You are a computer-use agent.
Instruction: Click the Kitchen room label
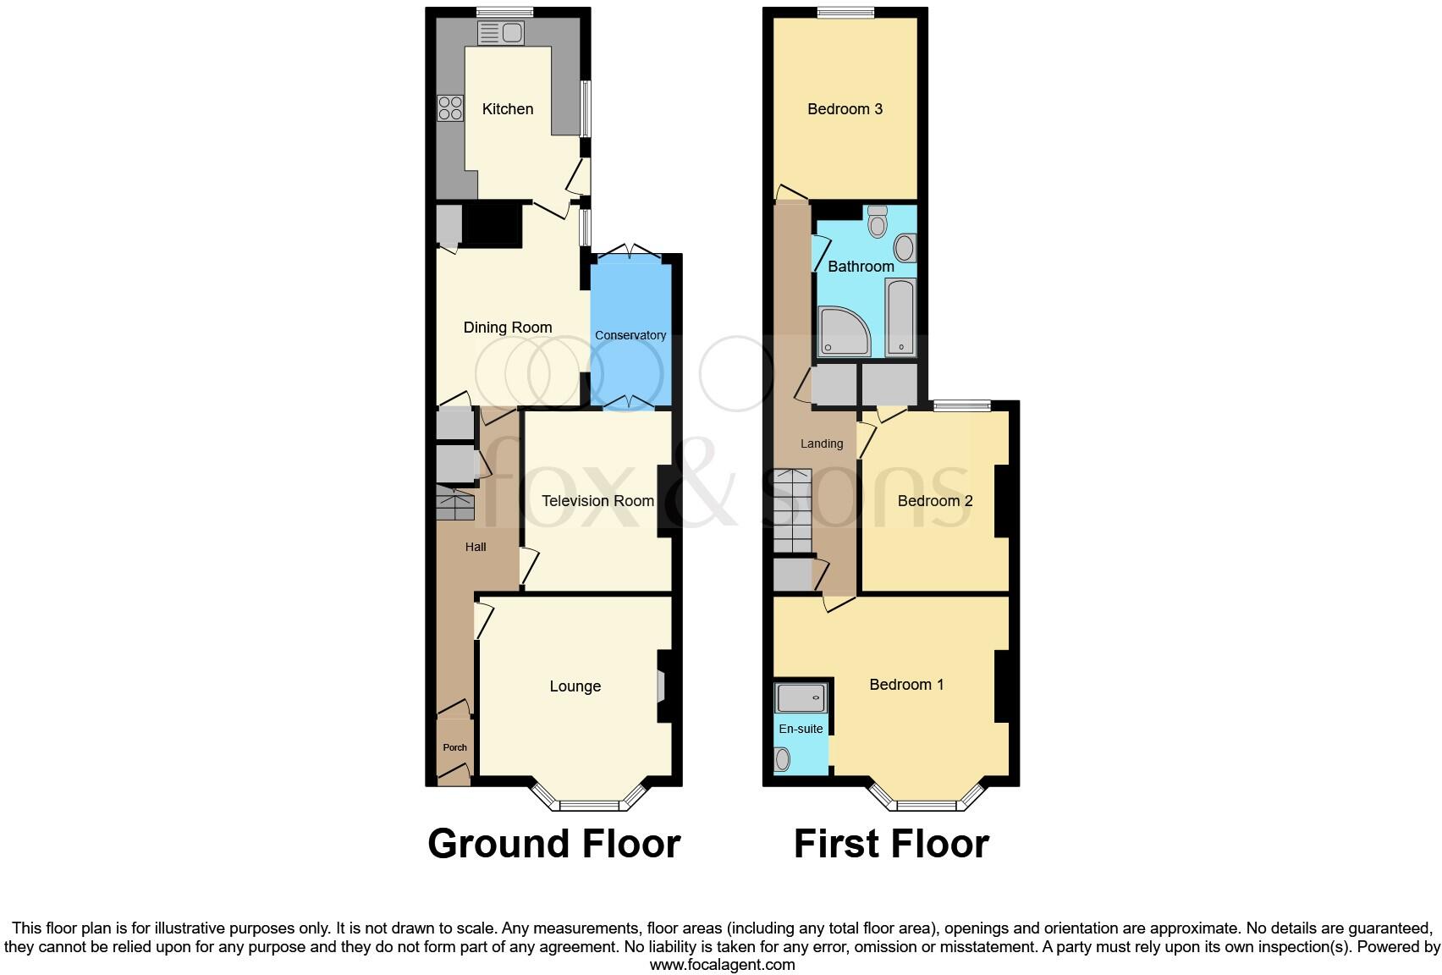pos(508,109)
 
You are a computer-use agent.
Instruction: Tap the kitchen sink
pos(501,34)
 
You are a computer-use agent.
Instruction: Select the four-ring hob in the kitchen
pos(450,108)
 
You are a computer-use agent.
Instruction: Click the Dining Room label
pos(508,328)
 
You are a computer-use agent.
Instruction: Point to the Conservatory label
pos(630,335)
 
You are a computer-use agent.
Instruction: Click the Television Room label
pos(597,501)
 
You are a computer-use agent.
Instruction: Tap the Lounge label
pos(575,686)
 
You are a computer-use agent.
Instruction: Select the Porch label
pos(454,747)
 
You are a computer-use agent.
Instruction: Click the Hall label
pos(476,547)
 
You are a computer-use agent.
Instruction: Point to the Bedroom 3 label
pos(845,109)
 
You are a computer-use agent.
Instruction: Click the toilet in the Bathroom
pos(878,222)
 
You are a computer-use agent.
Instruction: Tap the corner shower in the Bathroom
pos(842,331)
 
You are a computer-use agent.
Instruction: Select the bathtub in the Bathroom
pos(900,317)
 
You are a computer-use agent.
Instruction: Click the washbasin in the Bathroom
pos(905,249)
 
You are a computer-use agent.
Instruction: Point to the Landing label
pos(822,443)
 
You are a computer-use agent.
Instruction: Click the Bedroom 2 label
pos(935,501)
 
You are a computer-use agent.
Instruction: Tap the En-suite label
pos(801,729)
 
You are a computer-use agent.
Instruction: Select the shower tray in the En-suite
pos(801,698)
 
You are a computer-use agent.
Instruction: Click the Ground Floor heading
pos(553,844)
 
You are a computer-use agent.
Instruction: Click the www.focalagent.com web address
pos(722,964)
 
